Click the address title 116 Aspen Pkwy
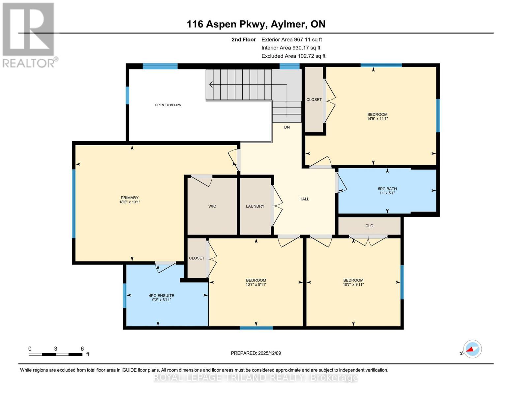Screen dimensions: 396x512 [256, 24]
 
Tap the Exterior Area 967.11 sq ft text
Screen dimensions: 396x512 [291, 39]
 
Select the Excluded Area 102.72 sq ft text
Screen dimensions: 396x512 [293, 56]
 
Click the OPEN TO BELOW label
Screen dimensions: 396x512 [168, 105]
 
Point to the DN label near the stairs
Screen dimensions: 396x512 [287, 127]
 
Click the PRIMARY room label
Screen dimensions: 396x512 [130, 198]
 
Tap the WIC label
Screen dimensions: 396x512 [212, 206]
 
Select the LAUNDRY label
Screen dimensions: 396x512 [255, 206]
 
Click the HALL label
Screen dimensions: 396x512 [304, 199]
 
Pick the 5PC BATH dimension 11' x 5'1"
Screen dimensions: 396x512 [387, 193]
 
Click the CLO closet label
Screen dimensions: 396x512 [369, 226]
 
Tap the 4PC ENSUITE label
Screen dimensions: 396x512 [162, 296]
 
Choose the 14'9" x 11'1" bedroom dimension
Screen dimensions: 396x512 [377, 118]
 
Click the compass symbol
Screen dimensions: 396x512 [472, 349]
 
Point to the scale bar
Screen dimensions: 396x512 [55, 354]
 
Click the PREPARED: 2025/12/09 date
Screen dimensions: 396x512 [256, 353]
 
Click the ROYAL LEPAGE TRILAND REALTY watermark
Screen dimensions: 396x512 [256, 378]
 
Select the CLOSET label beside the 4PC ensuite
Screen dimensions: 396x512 [196, 258]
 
